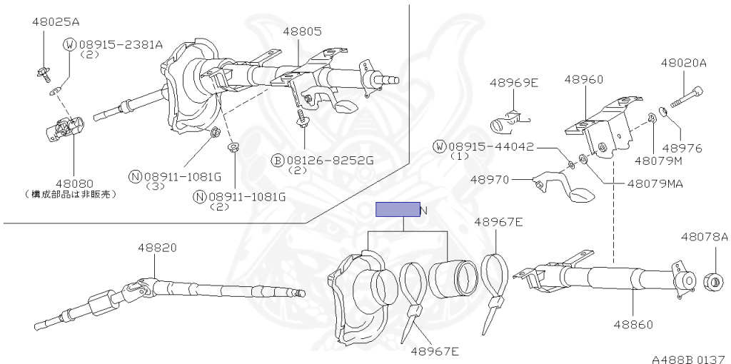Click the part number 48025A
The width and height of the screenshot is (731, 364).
click(x=55, y=22)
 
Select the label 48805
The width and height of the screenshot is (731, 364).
click(x=302, y=32)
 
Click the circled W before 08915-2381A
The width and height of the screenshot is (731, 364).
click(x=70, y=44)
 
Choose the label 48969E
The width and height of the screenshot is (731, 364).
click(x=513, y=83)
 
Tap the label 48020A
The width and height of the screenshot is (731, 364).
click(x=683, y=64)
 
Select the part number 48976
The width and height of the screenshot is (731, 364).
click(x=682, y=148)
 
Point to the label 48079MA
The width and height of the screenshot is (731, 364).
click(x=655, y=183)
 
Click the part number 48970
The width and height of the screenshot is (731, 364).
click(x=490, y=180)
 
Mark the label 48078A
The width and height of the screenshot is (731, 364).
click(x=704, y=236)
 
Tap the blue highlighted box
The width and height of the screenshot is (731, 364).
click(x=398, y=210)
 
